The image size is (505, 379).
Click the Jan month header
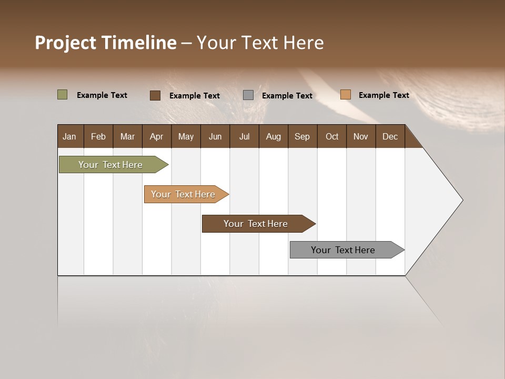pos(69,136)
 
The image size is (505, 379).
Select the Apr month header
pos(156,136)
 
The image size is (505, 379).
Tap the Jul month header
pos(244,136)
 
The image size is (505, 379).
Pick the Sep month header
pos(302,136)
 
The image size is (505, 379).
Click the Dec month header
pos(390,136)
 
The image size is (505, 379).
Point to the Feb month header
pos(98,136)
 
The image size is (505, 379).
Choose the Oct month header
pos(332,136)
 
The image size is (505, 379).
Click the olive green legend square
pos(62,95)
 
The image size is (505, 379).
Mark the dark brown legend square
pos(155,95)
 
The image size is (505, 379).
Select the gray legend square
pos(248,95)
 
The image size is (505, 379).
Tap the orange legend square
pos(345,95)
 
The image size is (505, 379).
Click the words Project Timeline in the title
pos(106,43)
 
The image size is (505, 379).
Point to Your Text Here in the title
pos(260,43)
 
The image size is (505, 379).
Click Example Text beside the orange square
pos(383,95)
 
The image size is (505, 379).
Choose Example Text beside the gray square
pos(287,96)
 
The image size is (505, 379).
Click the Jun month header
pos(215,136)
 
